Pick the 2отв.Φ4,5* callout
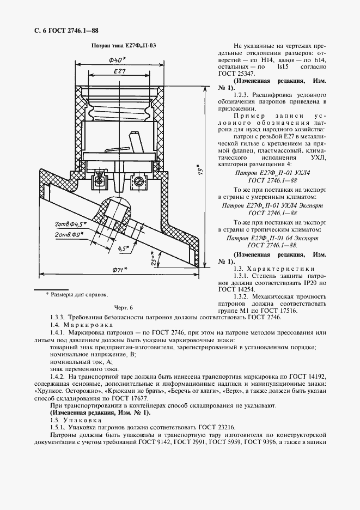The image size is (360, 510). tap(71, 224)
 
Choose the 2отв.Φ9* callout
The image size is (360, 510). tap(68, 234)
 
